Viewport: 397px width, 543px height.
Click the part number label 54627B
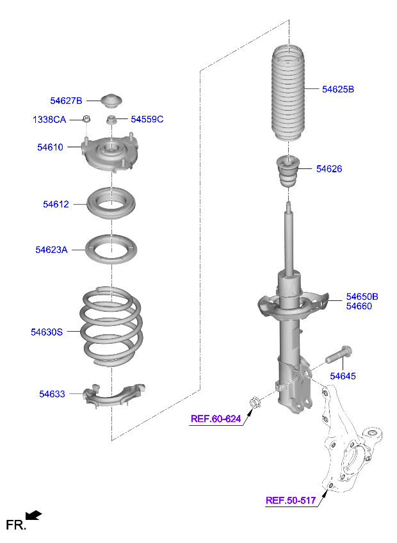(x=66, y=101)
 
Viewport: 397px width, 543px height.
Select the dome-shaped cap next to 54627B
(x=111, y=100)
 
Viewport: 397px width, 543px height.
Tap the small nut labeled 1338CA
(x=86, y=119)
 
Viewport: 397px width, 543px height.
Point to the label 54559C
(x=147, y=119)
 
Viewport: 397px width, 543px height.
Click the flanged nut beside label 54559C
(x=111, y=120)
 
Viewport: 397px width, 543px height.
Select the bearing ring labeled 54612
(x=111, y=203)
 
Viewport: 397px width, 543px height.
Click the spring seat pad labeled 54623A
(x=111, y=249)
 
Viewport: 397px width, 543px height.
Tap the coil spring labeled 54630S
(x=111, y=326)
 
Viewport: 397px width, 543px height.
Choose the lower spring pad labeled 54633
(x=113, y=395)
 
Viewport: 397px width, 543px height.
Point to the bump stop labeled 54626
(x=288, y=171)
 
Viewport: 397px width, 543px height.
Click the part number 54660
(x=359, y=306)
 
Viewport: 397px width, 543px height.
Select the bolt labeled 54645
(x=339, y=355)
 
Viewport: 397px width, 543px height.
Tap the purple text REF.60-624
(x=216, y=419)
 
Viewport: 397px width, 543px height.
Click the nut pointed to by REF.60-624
(x=255, y=403)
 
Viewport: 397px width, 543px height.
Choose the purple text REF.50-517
(x=291, y=500)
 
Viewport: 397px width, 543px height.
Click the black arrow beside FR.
(x=33, y=515)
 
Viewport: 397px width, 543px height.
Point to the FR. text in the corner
(x=16, y=525)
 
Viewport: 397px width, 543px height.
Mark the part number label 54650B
(x=362, y=296)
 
